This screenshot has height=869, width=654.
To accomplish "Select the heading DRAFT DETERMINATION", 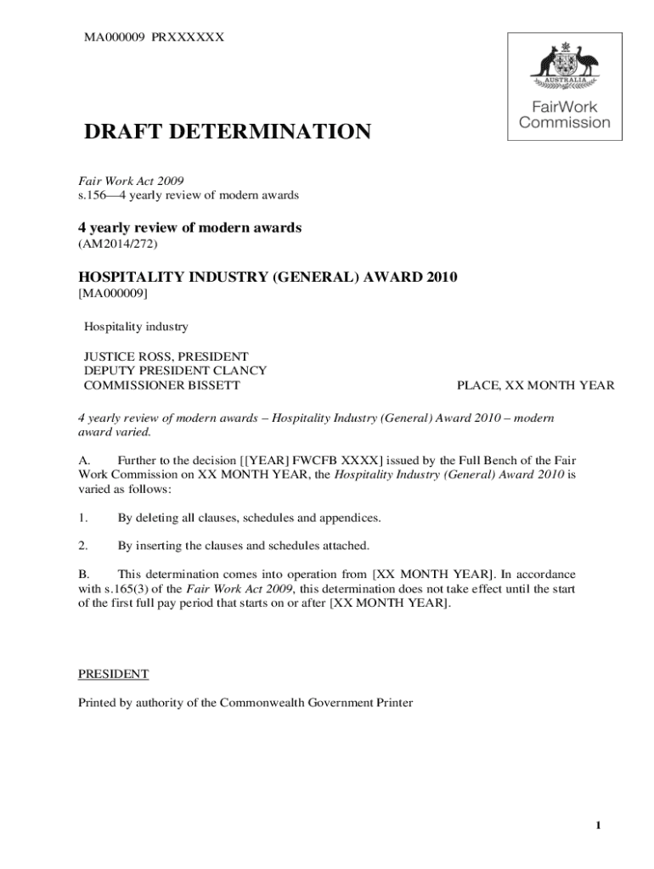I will coord(227,132).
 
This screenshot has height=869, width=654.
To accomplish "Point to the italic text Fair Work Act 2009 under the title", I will coord(132,181).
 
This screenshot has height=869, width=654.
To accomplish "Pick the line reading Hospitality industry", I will coord(136,326).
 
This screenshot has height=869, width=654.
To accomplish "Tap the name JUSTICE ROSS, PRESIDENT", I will coord(166,356).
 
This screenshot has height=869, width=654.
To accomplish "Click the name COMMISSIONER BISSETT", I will coord(161,385).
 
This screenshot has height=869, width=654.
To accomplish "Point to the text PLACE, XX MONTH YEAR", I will coord(535,385).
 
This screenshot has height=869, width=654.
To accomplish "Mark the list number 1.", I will coord(82,517).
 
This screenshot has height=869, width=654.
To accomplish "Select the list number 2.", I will coord(82,545).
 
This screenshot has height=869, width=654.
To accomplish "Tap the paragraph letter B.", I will coord(83,573).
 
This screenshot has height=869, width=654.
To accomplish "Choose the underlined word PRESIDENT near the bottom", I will coord(114,674).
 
